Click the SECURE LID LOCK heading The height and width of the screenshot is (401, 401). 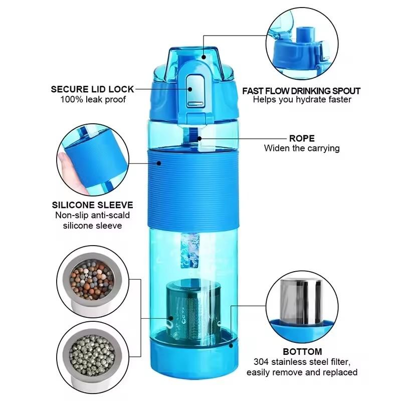(x=93, y=89)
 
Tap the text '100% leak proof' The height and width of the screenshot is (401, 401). (x=93, y=99)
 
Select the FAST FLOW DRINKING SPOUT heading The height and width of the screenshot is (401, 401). (x=301, y=91)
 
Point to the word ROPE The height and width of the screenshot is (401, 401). (x=301, y=138)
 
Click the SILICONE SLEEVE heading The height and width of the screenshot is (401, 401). (x=93, y=205)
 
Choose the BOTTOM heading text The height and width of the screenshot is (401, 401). (x=302, y=351)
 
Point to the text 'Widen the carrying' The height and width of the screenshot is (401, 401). (x=302, y=148)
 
